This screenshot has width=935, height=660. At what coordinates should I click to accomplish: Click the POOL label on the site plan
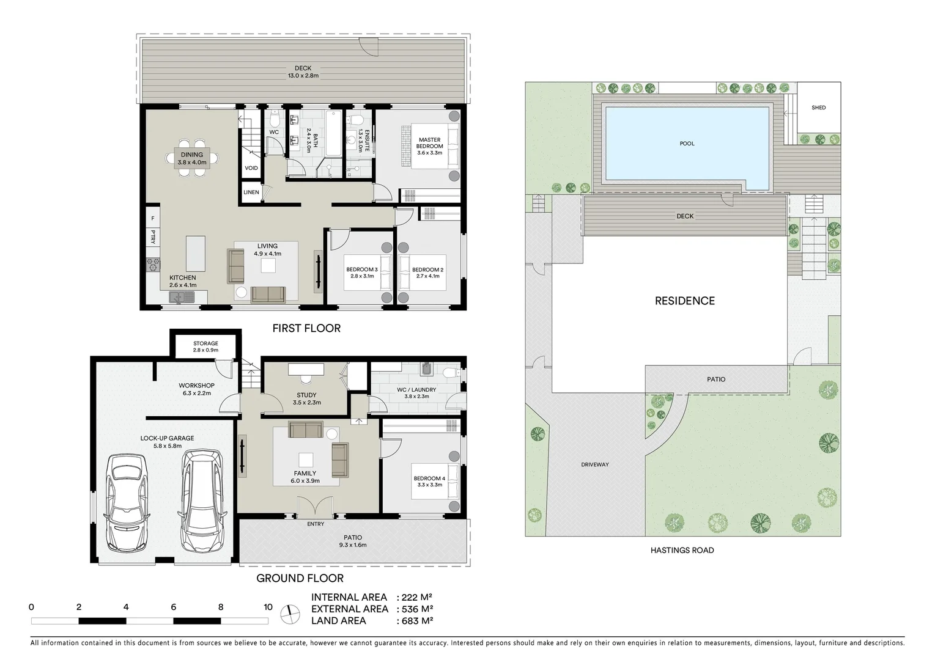(x=687, y=144)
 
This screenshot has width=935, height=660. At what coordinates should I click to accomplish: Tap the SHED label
(x=818, y=108)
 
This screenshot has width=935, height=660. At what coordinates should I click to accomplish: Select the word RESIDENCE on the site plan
(x=684, y=301)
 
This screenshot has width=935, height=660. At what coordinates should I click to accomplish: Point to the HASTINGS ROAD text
(x=682, y=550)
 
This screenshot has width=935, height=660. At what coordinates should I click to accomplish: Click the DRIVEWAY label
(x=594, y=464)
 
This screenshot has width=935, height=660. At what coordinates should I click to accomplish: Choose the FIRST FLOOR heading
(x=306, y=328)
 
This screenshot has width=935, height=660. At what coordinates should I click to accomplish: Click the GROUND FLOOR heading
(x=300, y=578)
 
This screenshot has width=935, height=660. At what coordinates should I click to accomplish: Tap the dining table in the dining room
(x=191, y=158)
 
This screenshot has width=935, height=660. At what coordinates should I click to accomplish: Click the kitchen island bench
(x=196, y=253)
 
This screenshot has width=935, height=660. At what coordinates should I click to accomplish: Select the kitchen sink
(x=182, y=297)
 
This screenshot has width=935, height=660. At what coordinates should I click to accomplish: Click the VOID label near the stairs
(x=251, y=168)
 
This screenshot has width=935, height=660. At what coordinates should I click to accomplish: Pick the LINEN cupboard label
(x=251, y=192)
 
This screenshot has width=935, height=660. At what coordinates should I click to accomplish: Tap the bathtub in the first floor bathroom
(x=334, y=133)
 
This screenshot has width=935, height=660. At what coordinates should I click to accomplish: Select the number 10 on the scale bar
(x=268, y=607)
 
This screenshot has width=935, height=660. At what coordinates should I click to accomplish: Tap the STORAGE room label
(x=205, y=343)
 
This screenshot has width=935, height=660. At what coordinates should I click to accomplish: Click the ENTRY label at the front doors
(x=316, y=524)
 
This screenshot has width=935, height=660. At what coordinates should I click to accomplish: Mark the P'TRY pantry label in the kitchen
(x=153, y=237)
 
